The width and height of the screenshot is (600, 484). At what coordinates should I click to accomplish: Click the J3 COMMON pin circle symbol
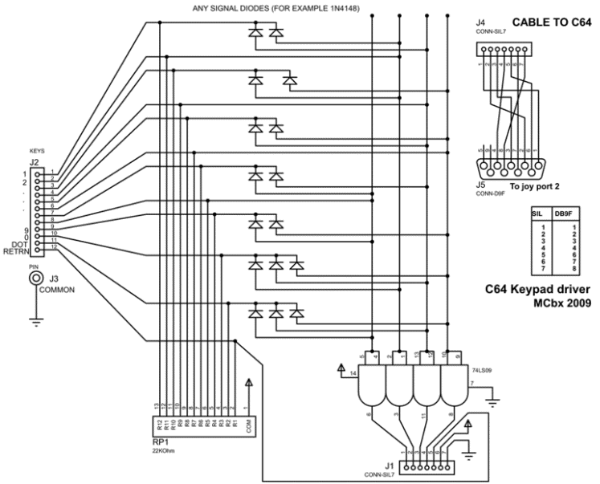pyautogui.click(x=35, y=278)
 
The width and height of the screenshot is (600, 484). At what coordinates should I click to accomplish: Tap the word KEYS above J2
pyautogui.click(x=36, y=151)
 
